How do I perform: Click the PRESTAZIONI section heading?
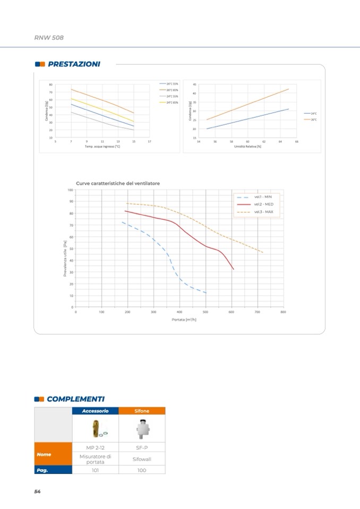pos(73,64)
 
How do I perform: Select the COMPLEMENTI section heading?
pos(75,399)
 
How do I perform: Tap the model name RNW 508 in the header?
pos(48,38)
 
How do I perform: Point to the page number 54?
pos(37,491)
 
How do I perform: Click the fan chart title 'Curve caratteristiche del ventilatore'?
pos(117,183)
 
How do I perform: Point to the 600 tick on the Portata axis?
pos(232,312)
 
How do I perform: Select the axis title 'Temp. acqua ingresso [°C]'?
pos(102,146)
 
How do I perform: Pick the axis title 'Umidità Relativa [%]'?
pos(247,146)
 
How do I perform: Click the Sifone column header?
pos(142,411)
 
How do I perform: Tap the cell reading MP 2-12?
pos(95,447)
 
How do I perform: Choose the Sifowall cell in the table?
pos(142,459)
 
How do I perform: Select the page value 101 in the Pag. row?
pos(95,470)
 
